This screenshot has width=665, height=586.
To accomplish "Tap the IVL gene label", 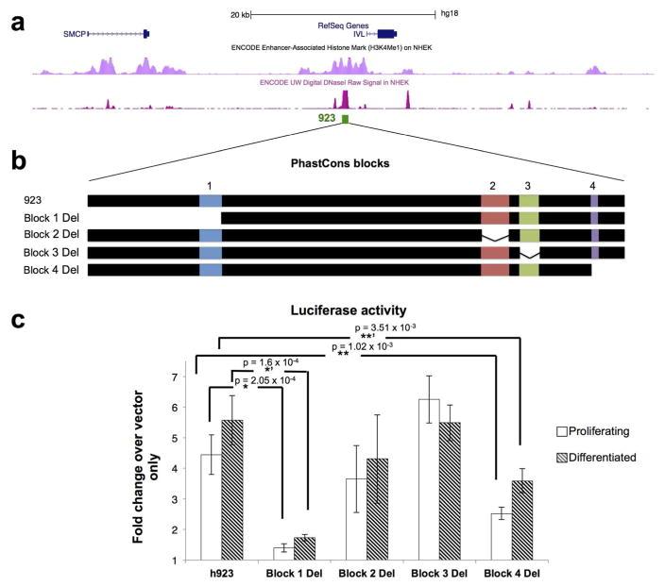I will pyautogui.click(x=359, y=34).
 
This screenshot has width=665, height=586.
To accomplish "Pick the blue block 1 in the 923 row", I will pyautogui.click(x=211, y=200).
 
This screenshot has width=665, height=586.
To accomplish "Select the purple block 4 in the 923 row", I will pyautogui.click(x=594, y=200).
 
